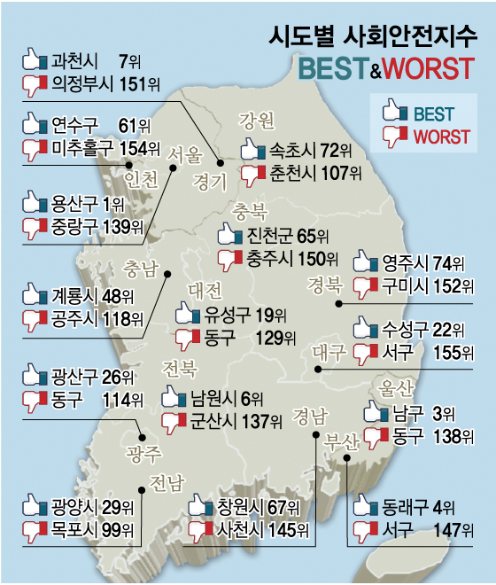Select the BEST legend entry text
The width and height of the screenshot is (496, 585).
433,113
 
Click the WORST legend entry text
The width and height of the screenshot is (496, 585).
442,137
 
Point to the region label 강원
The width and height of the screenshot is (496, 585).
257,121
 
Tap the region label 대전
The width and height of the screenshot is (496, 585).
206,290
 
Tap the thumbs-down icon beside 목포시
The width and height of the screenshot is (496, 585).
33,531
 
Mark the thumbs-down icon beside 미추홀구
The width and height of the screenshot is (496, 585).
33,148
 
